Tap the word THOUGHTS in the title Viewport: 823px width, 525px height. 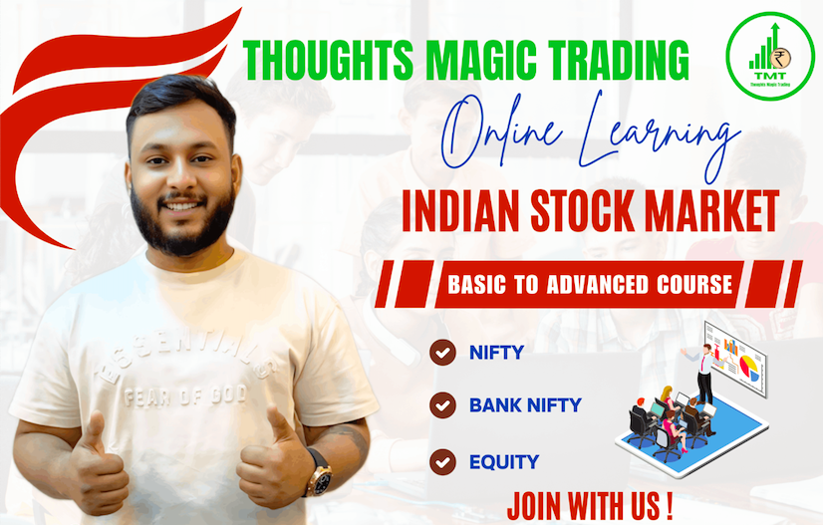(328, 60)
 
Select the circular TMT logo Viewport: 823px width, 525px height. (770, 56)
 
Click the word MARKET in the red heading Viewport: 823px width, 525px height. (712, 211)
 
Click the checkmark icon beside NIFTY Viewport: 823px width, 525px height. (442, 353)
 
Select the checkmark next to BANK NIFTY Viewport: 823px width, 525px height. (442, 405)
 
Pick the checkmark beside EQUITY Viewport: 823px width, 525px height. (442, 462)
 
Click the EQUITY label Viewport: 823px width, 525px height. (504, 462)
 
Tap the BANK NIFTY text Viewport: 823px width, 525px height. (525, 405)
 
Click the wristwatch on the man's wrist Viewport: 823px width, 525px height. (319, 473)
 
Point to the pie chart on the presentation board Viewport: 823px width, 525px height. (749, 367)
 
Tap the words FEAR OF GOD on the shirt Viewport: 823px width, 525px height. (184, 394)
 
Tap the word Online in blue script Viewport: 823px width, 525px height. (501, 132)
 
